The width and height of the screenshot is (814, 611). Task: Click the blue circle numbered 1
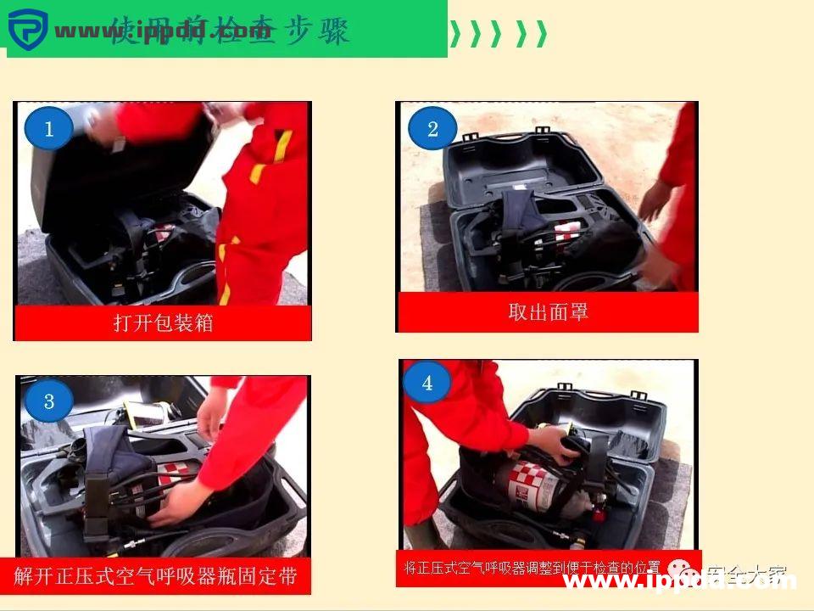48,129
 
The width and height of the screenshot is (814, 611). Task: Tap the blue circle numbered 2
432,129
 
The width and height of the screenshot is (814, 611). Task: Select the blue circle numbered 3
48,401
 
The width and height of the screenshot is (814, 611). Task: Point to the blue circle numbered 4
427,383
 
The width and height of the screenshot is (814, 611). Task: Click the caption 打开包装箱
163,323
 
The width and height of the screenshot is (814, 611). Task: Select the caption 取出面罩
548,311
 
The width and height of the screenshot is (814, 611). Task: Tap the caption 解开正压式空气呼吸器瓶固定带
156,576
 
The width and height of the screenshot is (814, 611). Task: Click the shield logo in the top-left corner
26,31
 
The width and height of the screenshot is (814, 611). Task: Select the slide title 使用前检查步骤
229,32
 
